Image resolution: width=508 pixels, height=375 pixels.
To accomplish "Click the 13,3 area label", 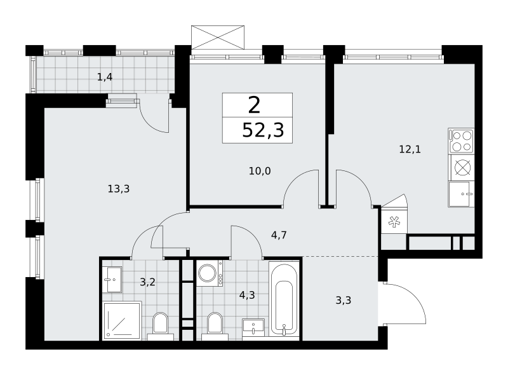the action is [119, 189].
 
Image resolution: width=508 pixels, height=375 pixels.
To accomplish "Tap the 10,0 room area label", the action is [260, 171].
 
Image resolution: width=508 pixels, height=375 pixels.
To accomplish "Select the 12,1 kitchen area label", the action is [410, 149].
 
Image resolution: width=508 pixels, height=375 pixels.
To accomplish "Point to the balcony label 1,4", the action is [105, 77].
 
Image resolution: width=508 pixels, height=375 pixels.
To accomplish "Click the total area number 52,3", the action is [263, 130].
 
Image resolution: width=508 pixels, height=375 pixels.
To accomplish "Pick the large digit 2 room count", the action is [255, 105].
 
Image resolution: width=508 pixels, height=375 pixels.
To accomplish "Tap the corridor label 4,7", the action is [279, 235].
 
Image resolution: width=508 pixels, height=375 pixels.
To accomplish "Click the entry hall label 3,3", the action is [344, 301].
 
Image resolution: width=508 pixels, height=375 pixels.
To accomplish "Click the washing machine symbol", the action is [210, 273].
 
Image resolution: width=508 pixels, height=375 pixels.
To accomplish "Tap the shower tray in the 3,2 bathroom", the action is [122, 320].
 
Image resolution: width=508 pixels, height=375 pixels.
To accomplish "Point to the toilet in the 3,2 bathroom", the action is [161, 326].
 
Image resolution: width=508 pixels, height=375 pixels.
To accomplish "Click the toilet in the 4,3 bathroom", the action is [215, 326].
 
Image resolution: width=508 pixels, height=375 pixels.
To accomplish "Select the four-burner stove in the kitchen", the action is [462, 141].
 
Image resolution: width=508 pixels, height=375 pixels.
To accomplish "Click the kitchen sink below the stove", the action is [462, 194].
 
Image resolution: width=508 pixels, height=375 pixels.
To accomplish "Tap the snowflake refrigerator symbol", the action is [394, 222].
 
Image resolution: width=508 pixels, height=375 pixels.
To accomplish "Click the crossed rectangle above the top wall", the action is [218, 37].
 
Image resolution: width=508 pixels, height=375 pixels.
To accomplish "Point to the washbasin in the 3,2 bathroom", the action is [112, 279].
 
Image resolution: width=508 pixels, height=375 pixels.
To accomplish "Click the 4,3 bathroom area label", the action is [247, 295].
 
